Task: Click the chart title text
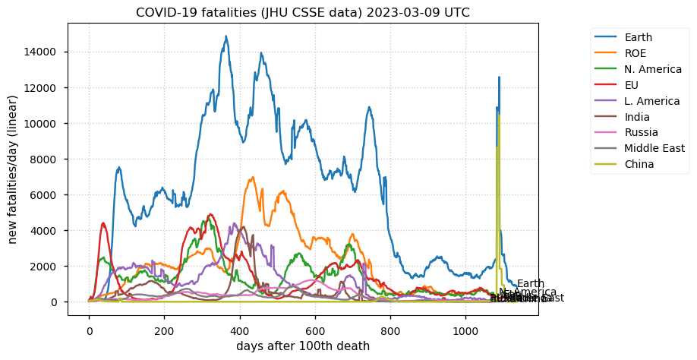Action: pyautogui.click(x=303, y=13)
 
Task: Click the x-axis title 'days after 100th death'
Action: pyautogui.click(x=303, y=346)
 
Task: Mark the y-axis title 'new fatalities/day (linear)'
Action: pyautogui.click(x=13, y=170)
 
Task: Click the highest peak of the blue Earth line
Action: pyautogui.click(x=225, y=36)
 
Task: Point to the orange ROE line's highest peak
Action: pyautogui.click(x=252, y=178)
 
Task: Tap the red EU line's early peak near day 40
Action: pyautogui.click(x=103, y=223)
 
